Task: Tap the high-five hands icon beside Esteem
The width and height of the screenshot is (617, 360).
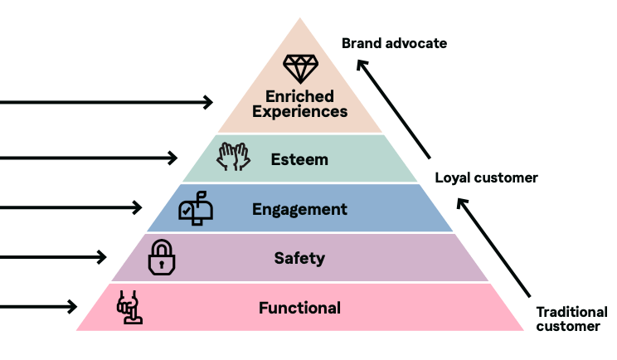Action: [234, 157]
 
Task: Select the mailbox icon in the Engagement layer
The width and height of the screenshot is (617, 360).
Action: [196, 211]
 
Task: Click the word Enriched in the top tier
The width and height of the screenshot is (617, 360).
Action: [300, 95]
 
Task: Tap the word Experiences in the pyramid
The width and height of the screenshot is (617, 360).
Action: [300, 111]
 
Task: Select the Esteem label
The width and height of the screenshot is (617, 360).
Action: [299, 158]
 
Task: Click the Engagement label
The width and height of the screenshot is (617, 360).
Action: [299, 209]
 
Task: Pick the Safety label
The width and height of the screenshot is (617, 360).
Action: [299, 258]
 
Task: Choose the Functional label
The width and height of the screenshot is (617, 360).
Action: [299, 308]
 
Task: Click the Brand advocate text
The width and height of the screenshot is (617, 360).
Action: [394, 43]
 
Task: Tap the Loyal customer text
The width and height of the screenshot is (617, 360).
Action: [487, 178]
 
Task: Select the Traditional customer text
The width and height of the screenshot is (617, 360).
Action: [571, 319]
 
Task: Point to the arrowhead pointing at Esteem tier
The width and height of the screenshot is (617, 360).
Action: [173, 157]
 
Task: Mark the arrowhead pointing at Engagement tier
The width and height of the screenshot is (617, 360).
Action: [138, 207]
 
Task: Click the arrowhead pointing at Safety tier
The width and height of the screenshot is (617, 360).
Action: [102, 257]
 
